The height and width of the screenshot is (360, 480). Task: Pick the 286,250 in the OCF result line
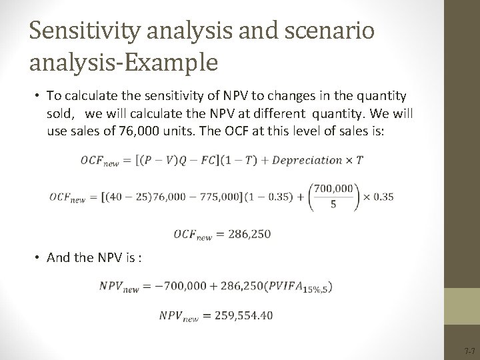pyautogui.click(x=250, y=234)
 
